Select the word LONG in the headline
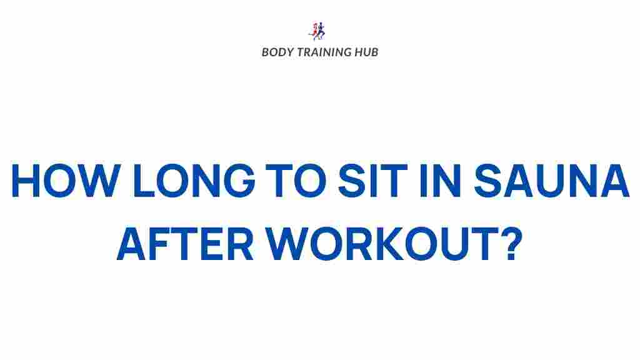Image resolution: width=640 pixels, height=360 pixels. coord(194,181)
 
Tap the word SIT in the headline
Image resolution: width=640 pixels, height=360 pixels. coord(373,181)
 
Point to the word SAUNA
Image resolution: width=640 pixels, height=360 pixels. coord(551,181)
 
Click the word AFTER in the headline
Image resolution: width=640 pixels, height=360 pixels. coord(185,244)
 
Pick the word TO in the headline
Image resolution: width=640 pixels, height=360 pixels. coord(296,181)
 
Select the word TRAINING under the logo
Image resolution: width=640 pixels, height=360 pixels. coord(324,52)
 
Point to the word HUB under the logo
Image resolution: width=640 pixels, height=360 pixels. coord(366,52)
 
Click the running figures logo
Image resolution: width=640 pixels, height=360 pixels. coord(317,31)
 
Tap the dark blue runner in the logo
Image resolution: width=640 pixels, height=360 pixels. coord(321,31)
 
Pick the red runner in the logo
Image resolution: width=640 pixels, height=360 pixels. coord(314,32)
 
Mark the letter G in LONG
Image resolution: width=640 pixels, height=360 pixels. coord(239,181)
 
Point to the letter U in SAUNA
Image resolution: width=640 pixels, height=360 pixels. coord(550,181)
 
